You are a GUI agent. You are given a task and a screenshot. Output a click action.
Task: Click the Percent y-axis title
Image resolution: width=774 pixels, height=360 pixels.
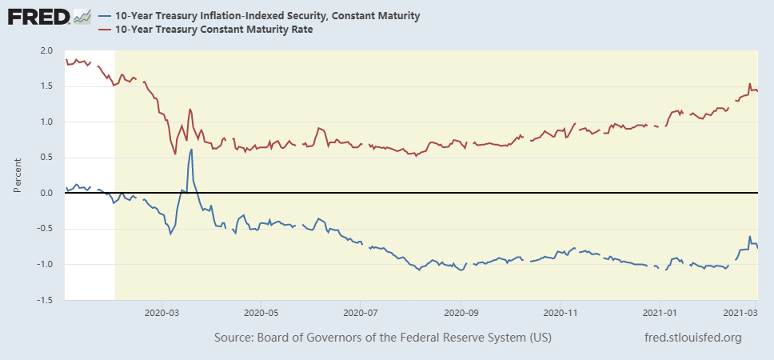coord(18,175)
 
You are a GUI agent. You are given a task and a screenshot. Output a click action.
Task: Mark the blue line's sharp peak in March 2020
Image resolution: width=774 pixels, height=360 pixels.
coord(192,150)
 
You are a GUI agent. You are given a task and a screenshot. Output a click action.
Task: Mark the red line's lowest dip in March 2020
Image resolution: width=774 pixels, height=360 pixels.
coord(175,154)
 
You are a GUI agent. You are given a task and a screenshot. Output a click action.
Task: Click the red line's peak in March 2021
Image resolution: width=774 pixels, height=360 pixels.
coord(749,84)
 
